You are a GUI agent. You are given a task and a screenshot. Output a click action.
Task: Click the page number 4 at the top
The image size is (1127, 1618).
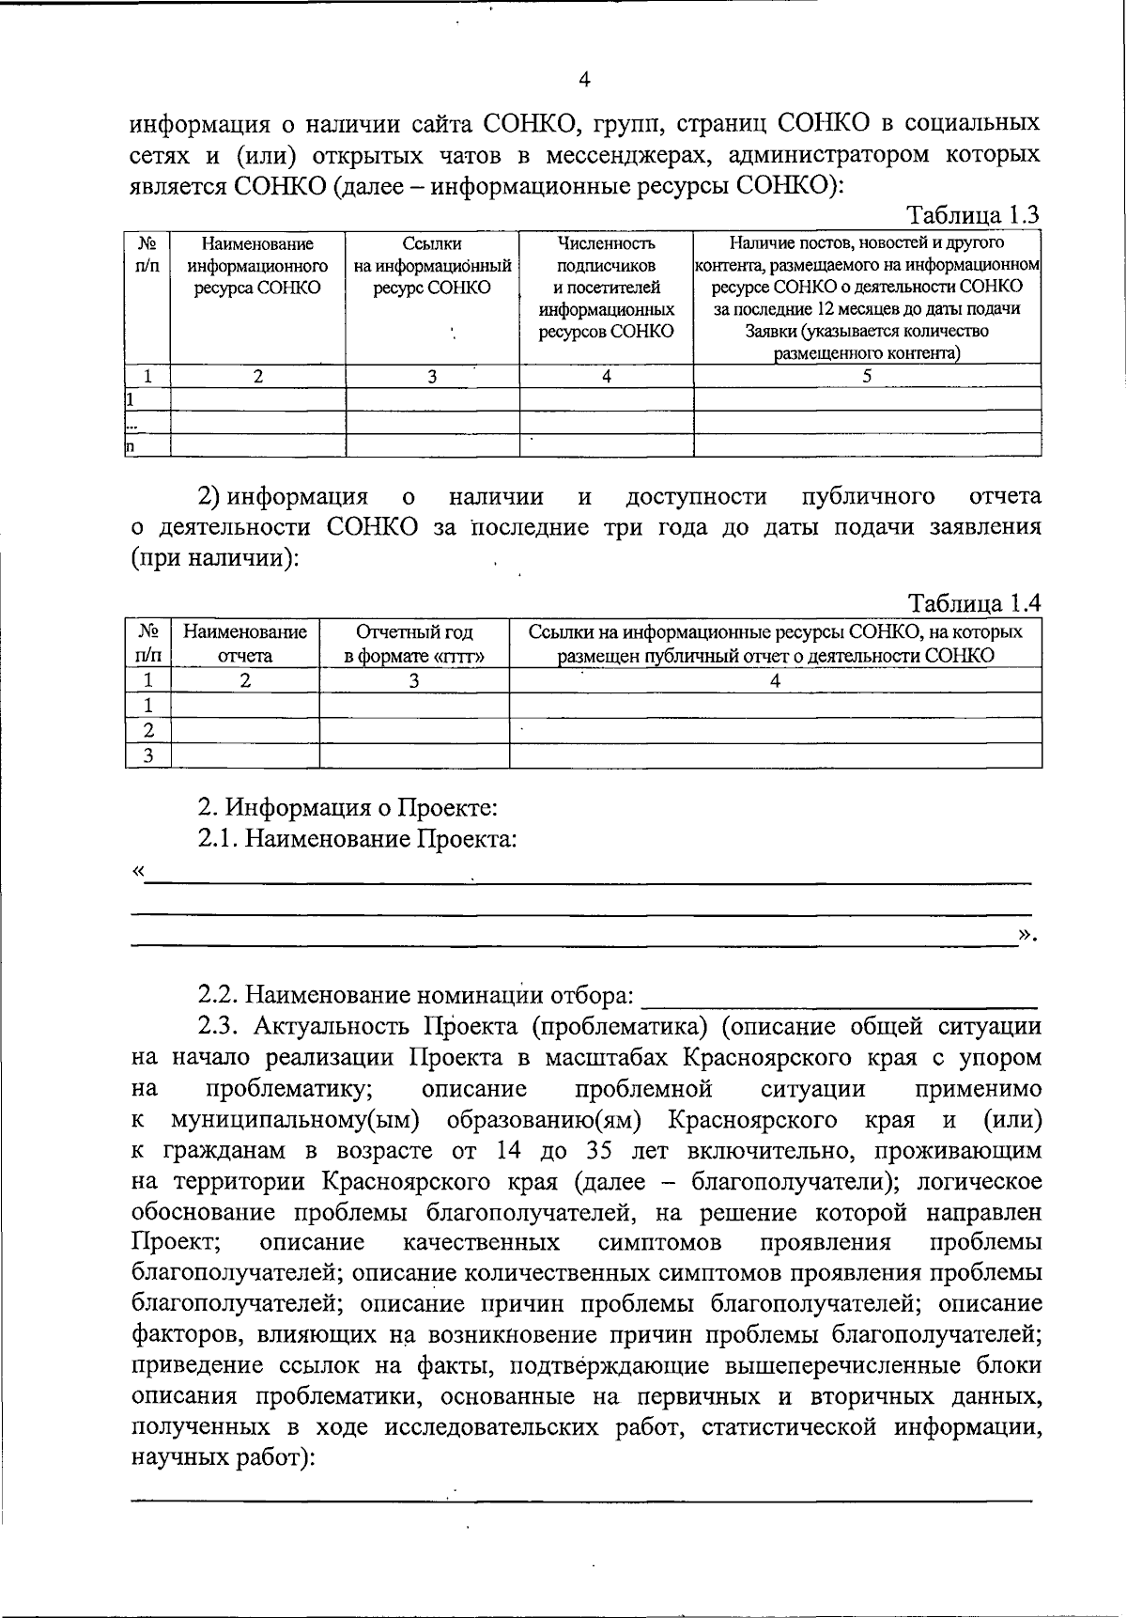pyautogui.click(x=584, y=80)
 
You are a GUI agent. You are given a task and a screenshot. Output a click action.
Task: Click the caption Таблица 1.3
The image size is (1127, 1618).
pyautogui.click(x=972, y=215)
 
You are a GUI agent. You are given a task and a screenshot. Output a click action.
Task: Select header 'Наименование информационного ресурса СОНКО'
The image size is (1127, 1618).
pyautogui.click(x=257, y=266)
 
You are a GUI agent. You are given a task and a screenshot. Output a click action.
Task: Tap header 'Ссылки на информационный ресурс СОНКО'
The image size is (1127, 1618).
pyautogui.click(x=432, y=266)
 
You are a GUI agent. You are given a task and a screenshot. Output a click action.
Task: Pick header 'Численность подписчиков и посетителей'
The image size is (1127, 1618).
pyautogui.click(x=606, y=288)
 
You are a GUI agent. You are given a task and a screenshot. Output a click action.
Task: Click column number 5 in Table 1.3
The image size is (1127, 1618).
pyautogui.click(x=867, y=376)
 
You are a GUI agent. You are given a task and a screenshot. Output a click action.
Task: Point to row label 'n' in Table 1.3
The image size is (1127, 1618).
pyautogui.click(x=131, y=446)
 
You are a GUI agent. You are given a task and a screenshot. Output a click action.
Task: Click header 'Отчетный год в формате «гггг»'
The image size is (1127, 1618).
pyautogui.click(x=414, y=644)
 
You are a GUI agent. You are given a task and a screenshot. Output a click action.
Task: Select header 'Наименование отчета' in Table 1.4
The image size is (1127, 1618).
pyautogui.click(x=245, y=644)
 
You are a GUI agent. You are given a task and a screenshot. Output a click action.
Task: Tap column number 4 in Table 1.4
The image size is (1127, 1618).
pyautogui.click(x=775, y=680)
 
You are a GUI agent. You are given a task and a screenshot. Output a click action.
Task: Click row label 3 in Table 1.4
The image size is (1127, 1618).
pyautogui.click(x=147, y=755)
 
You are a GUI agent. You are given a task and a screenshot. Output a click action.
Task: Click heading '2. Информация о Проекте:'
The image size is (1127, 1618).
pyautogui.click(x=347, y=807)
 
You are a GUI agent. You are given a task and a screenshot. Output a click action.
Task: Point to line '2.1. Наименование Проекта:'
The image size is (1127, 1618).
pyautogui.click(x=357, y=838)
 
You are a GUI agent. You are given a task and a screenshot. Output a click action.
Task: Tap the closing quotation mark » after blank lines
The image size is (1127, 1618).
pyautogui.click(x=1025, y=933)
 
